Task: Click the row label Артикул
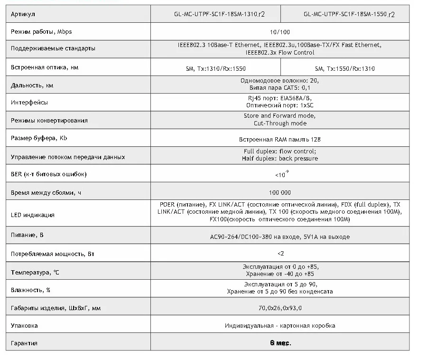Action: pyautogui.click(x=23, y=14)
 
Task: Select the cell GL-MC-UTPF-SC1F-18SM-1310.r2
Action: pyautogui.click(x=219, y=14)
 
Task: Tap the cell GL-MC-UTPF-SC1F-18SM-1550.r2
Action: pyautogui.click(x=349, y=14)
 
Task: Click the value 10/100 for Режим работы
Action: pyautogui.click(x=280, y=32)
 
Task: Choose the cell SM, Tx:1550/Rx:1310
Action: pyautogui.click(x=344, y=68)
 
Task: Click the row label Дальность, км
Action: pyautogui.click(x=32, y=85)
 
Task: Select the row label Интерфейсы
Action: pyautogui.click(x=29, y=103)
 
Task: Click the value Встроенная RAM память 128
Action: pyautogui.click(x=280, y=140)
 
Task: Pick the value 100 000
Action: pyautogui.click(x=280, y=192)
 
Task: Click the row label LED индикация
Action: pyautogui.click(x=32, y=215)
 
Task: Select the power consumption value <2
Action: pyautogui.click(x=280, y=254)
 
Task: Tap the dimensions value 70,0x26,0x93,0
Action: pyautogui.click(x=280, y=308)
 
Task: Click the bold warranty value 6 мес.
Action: pyautogui.click(x=280, y=343)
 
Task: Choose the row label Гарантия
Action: pyautogui.click(x=24, y=343)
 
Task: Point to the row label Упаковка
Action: pyautogui.click(x=24, y=326)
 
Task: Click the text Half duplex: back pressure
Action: pyautogui.click(x=280, y=159)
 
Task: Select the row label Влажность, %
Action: pyautogui.click(x=30, y=290)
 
